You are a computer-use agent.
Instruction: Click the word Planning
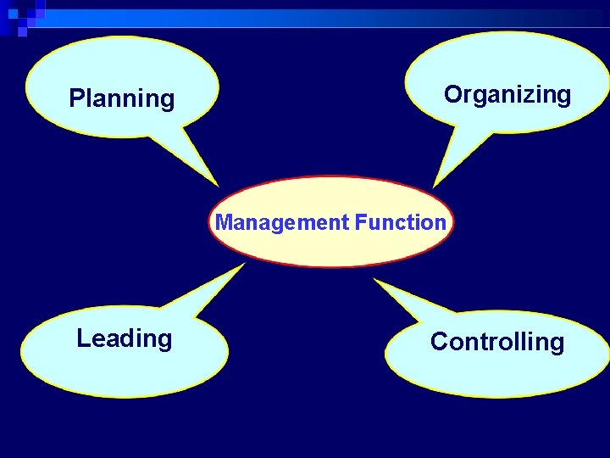tap(121, 99)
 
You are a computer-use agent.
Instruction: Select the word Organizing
tap(507, 95)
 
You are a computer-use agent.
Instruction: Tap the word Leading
tap(124, 338)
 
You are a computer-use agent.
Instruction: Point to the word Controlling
tap(496, 342)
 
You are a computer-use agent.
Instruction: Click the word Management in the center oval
tap(282, 223)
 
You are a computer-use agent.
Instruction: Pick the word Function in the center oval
tap(400, 222)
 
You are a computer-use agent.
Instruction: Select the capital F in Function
tap(361, 222)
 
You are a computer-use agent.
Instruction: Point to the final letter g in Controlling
tap(557, 344)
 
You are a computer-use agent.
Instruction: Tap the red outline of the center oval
tap(330, 178)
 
